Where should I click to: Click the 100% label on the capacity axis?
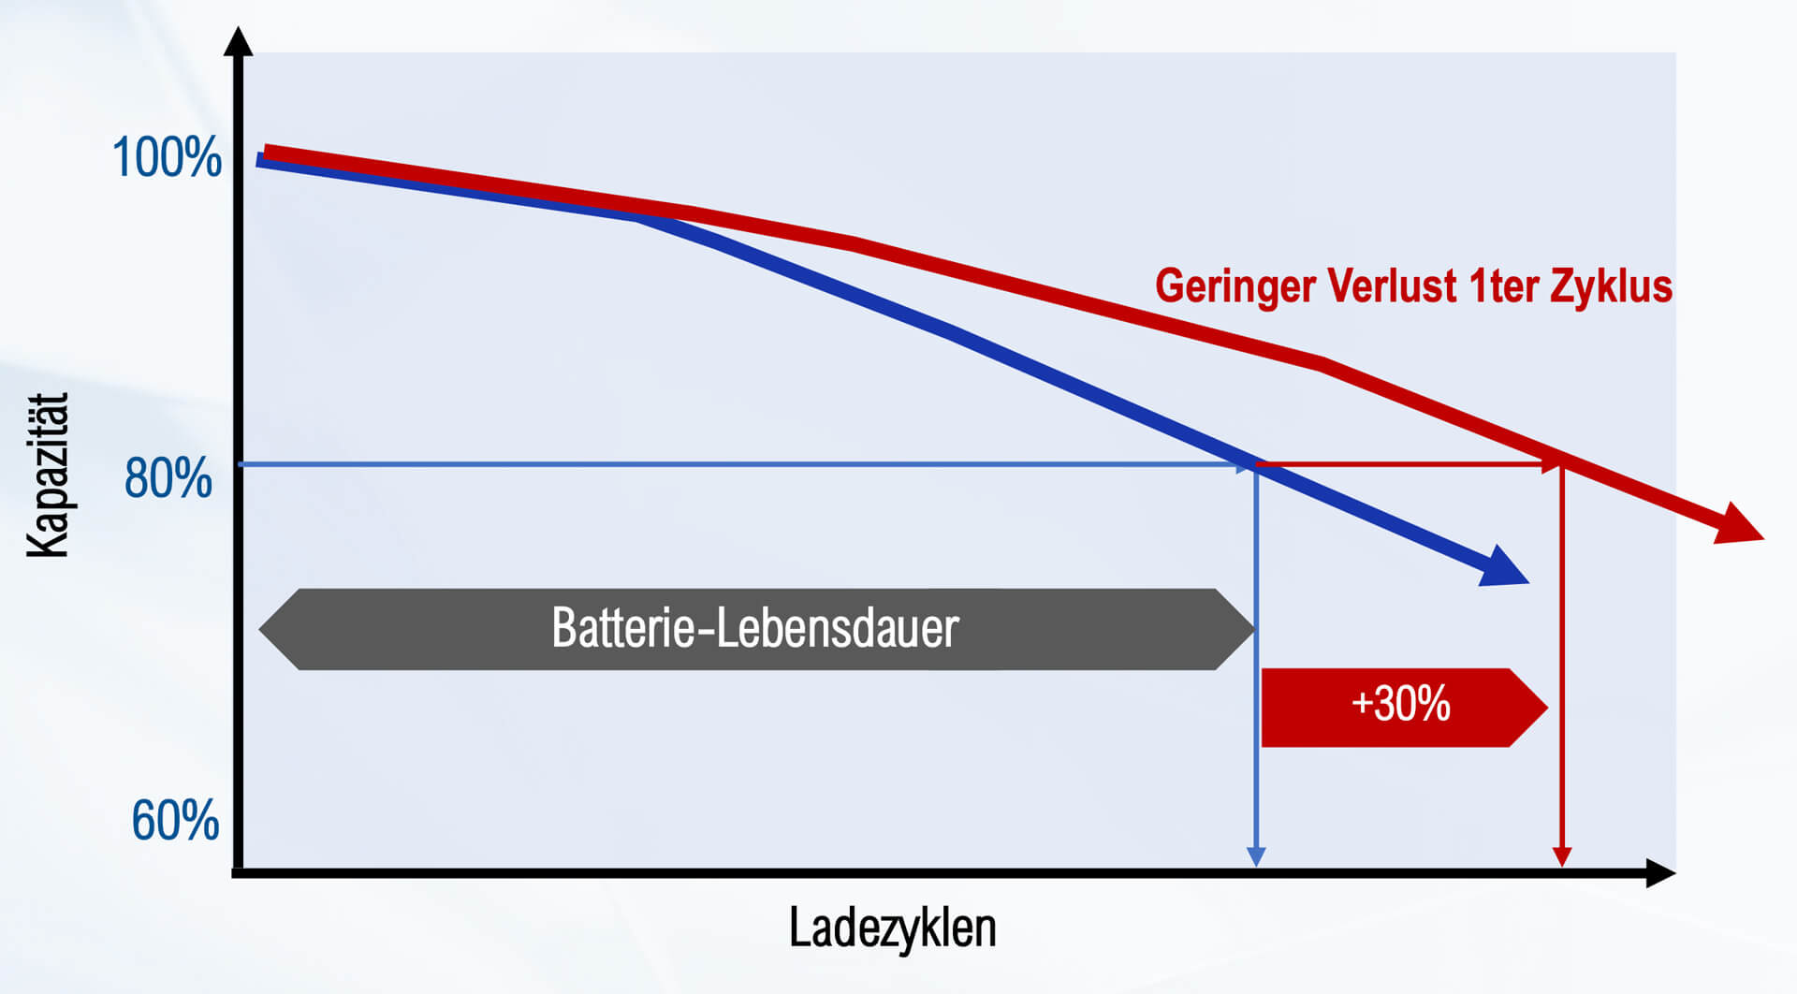tap(167, 157)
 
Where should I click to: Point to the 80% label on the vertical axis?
tap(168, 478)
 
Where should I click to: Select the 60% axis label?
tap(175, 821)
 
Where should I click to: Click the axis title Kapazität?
tap(48, 475)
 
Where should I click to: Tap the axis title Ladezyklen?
tap(892, 928)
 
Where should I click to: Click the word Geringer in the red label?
tap(1235, 286)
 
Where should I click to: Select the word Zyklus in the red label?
tap(1611, 286)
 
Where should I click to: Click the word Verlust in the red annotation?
tap(1393, 286)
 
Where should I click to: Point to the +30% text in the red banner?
tap(1400, 704)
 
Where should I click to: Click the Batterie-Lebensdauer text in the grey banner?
tap(754, 628)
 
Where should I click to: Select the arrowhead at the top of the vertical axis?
tap(239, 41)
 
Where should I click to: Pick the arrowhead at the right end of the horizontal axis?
tap(1660, 873)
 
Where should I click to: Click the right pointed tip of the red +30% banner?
tap(1546, 708)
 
